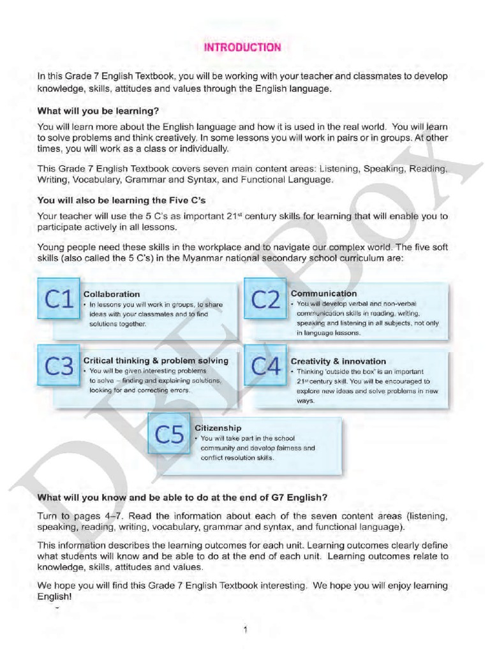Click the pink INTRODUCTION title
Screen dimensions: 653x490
pyautogui.click(x=242, y=47)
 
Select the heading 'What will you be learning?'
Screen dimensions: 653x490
pyautogui.click(x=98, y=110)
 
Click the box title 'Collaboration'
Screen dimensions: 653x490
pyautogui.click(x=112, y=294)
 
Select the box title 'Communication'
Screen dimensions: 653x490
pyautogui.click(x=323, y=293)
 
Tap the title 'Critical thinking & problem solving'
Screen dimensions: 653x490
pyautogui.click(x=156, y=360)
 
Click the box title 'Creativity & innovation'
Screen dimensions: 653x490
pyautogui.click(x=338, y=361)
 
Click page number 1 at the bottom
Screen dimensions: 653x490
pyautogui.click(x=245, y=630)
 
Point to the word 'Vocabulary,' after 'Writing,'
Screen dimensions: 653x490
pyautogui.click(x=97, y=180)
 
